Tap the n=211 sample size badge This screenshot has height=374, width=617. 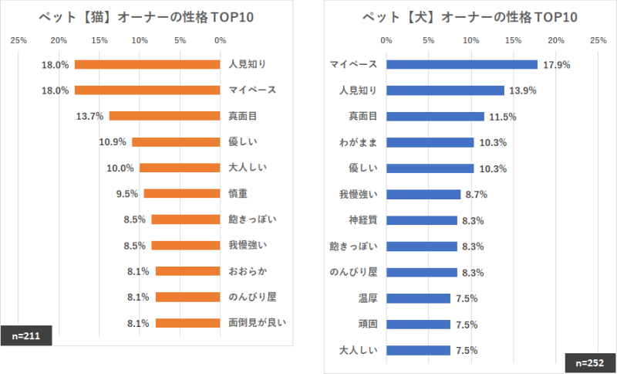pyautogui.click(x=26, y=335)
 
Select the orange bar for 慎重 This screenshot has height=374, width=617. pyautogui.click(x=182, y=193)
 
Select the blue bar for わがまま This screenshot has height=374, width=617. pyautogui.click(x=430, y=142)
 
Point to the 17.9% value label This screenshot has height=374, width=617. pyautogui.click(x=556, y=65)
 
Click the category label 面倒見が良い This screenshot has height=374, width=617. pyautogui.click(x=258, y=323)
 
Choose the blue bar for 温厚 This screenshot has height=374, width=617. pyautogui.click(x=418, y=298)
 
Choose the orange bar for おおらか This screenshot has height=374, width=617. pyautogui.click(x=187, y=271)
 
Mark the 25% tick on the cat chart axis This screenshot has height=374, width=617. pyautogui.click(x=19, y=40)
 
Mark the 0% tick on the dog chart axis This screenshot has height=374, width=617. pyautogui.click(x=386, y=40)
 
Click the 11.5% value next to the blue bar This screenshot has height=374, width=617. pyautogui.click(x=501, y=117)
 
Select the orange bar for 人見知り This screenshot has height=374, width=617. pyautogui.click(x=147, y=64)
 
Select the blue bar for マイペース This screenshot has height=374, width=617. pyautogui.click(x=461, y=65)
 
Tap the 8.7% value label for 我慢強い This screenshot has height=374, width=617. pyautogui.click(x=474, y=195)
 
